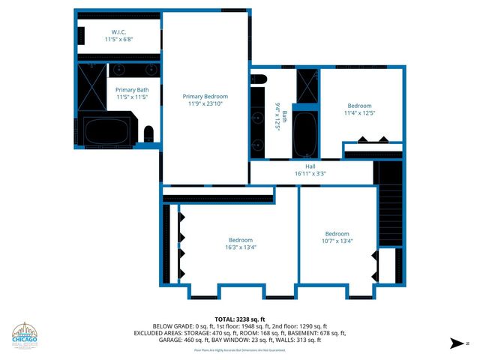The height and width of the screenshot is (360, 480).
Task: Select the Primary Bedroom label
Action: (205, 96)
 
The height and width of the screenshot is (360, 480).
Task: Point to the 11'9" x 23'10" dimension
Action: (205, 104)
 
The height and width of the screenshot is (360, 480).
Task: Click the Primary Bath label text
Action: (131, 90)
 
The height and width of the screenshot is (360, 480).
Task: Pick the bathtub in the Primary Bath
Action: (106, 132)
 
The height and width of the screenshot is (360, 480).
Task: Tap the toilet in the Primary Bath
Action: (148, 135)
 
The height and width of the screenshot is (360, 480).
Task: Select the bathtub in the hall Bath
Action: (305, 135)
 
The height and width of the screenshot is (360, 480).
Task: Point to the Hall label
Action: (310, 166)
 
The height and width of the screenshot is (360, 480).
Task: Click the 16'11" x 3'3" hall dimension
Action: (310, 174)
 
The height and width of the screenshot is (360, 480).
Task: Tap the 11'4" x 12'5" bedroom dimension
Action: (359, 114)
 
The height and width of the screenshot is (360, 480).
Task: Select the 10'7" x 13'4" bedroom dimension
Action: (337, 241)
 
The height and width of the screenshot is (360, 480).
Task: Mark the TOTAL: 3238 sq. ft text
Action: (240, 319)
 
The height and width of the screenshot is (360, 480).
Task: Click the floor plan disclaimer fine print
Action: (240, 349)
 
